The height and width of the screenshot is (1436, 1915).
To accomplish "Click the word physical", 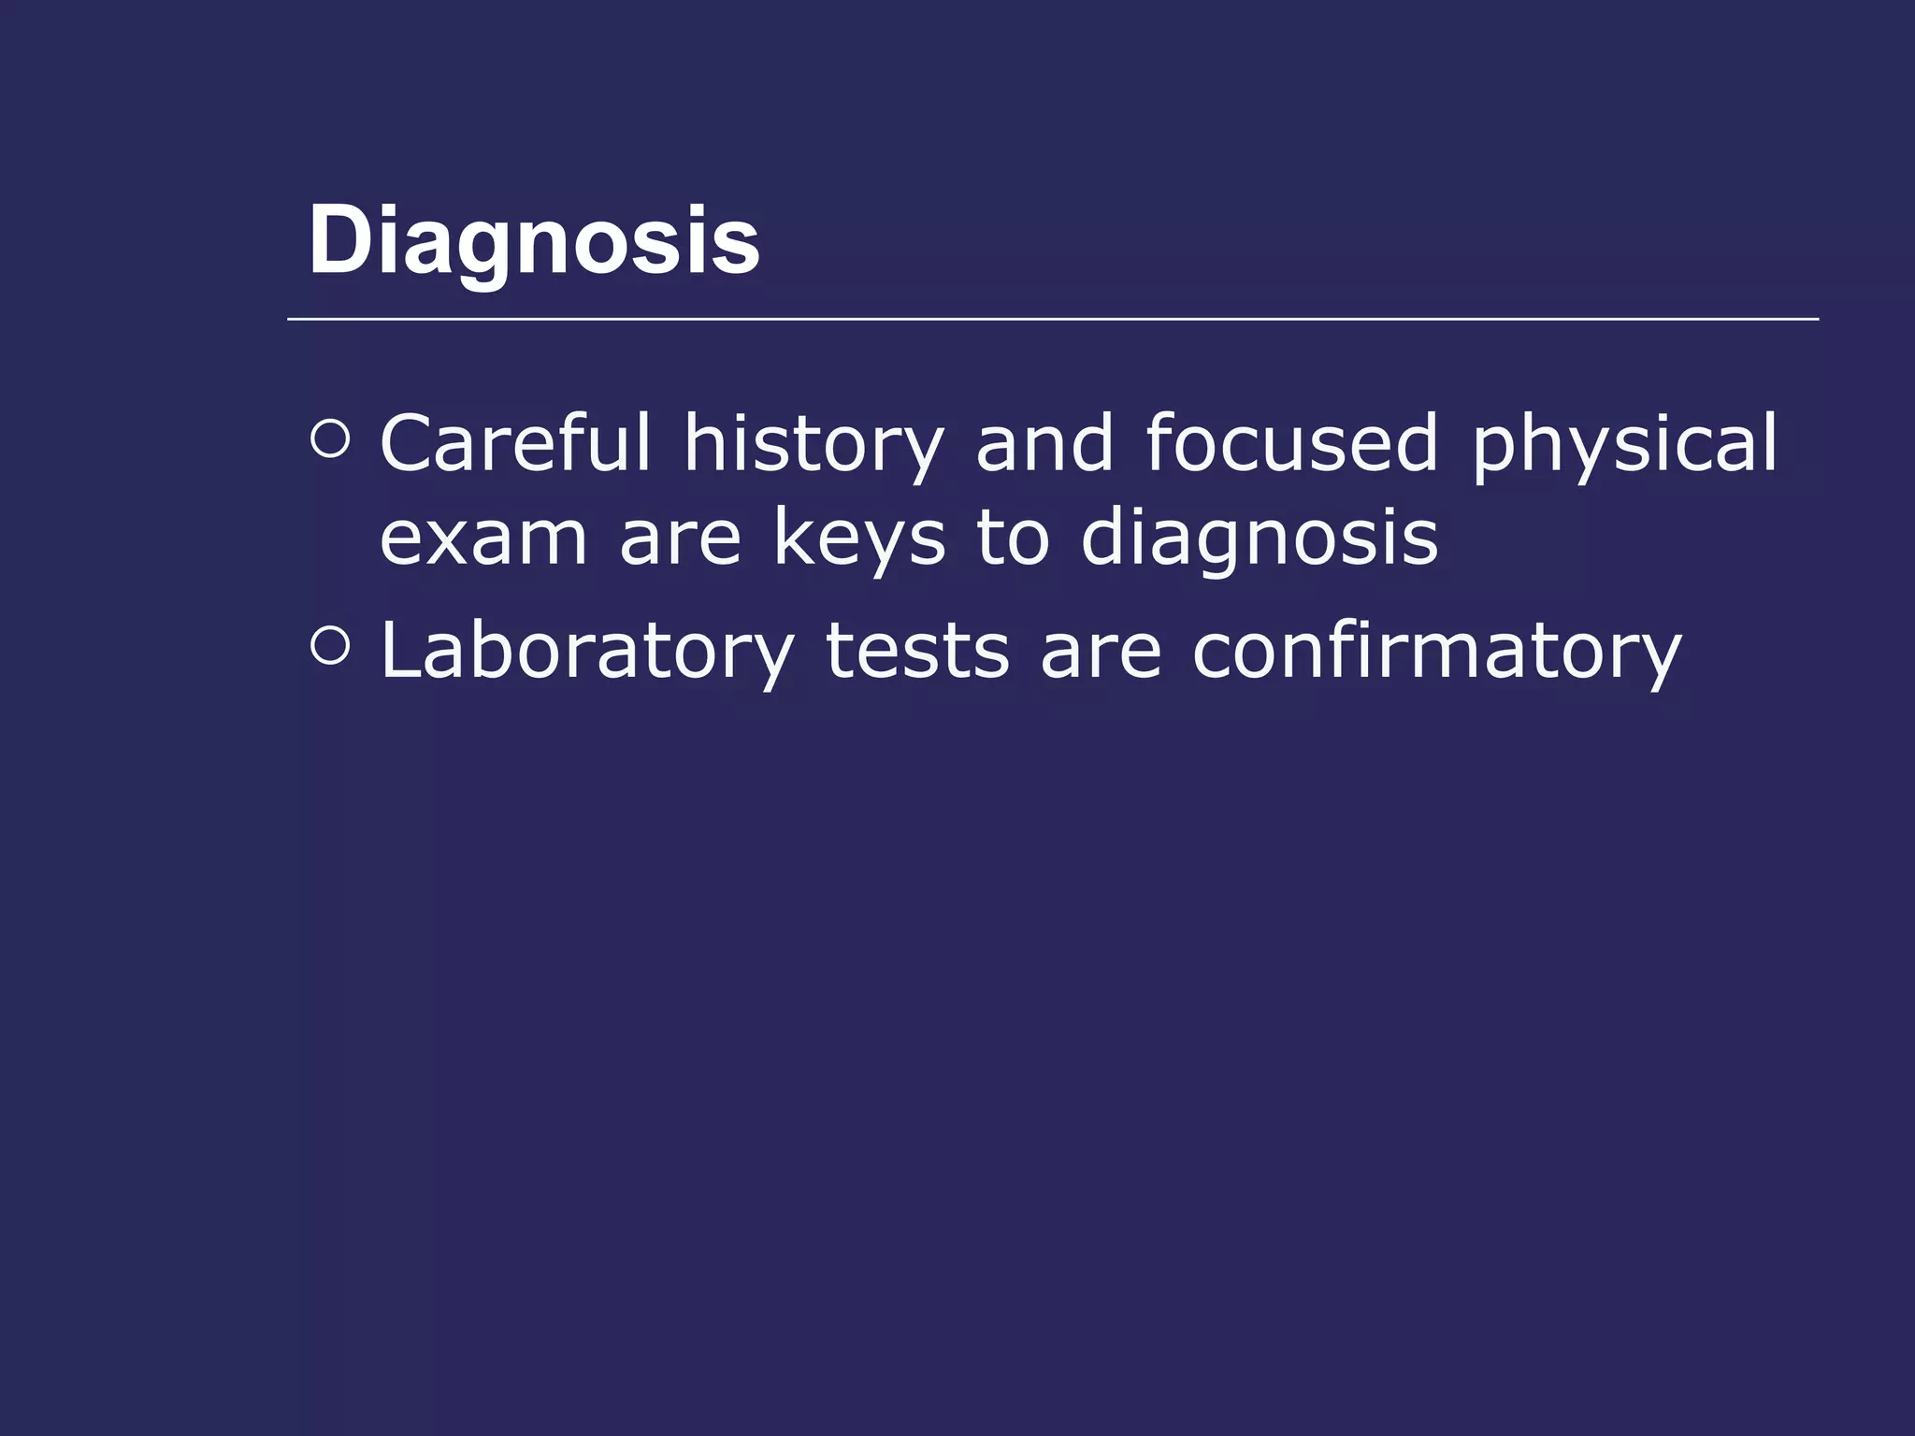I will click(x=1624, y=445).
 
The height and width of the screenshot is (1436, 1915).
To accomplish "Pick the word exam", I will click(x=482, y=539).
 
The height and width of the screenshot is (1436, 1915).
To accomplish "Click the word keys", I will click(x=859, y=539).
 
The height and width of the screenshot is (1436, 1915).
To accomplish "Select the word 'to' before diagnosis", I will click(x=1014, y=539).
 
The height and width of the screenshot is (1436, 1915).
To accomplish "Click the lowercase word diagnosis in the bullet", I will click(x=1260, y=539).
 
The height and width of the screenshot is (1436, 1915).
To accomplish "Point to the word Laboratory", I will click(x=587, y=652).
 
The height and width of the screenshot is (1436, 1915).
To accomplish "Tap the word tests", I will click(x=917, y=652).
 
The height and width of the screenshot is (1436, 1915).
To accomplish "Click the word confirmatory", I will click(x=1436, y=652).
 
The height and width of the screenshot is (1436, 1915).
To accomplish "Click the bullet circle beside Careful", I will click(x=329, y=439).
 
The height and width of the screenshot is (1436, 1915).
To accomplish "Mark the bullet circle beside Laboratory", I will click(x=329, y=647).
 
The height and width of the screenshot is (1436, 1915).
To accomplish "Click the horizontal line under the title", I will click(x=1052, y=319).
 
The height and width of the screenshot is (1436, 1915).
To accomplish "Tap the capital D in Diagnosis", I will click(x=338, y=240).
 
